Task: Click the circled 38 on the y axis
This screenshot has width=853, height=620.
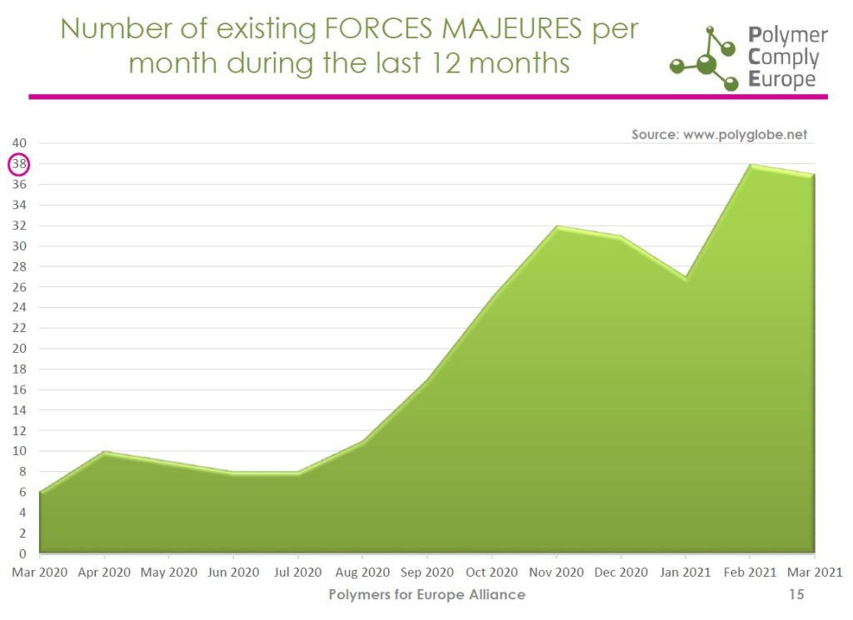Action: coord(19,164)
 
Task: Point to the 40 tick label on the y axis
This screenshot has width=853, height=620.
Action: coord(19,143)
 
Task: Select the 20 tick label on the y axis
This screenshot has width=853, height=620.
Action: coord(19,349)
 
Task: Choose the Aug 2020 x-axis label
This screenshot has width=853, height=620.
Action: coord(362,573)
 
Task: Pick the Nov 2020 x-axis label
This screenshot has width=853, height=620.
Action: coord(556,573)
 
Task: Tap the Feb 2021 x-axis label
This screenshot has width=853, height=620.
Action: coord(750,573)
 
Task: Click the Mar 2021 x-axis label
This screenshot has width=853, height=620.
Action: coord(814,573)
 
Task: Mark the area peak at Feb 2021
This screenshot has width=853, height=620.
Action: coord(750,165)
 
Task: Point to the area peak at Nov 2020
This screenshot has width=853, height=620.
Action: coord(556,226)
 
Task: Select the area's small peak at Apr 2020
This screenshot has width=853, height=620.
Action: coord(104,452)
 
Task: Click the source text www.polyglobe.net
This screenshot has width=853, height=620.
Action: coord(745,134)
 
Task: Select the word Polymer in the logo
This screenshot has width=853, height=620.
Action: coord(787,36)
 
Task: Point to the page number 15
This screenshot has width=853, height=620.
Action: coord(796,594)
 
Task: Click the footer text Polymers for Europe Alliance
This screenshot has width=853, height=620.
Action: coord(426,594)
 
